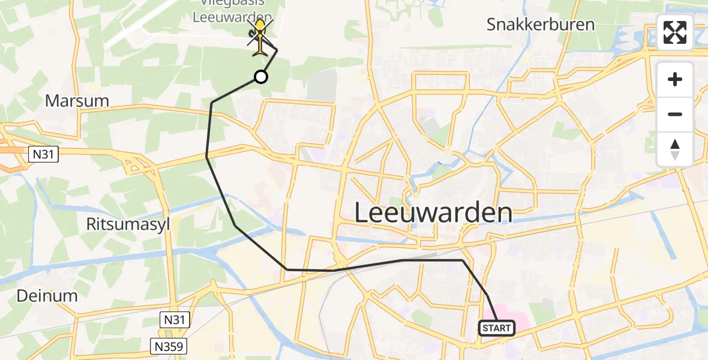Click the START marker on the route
(497, 328)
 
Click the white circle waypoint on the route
(260, 77)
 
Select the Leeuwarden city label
(433, 212)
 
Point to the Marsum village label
(77, 101)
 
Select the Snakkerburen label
(541, 25)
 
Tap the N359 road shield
(169, 346)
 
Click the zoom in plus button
(675, 80)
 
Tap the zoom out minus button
(675, 114)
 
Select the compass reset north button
(675, 149)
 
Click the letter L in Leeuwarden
(362, 213)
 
